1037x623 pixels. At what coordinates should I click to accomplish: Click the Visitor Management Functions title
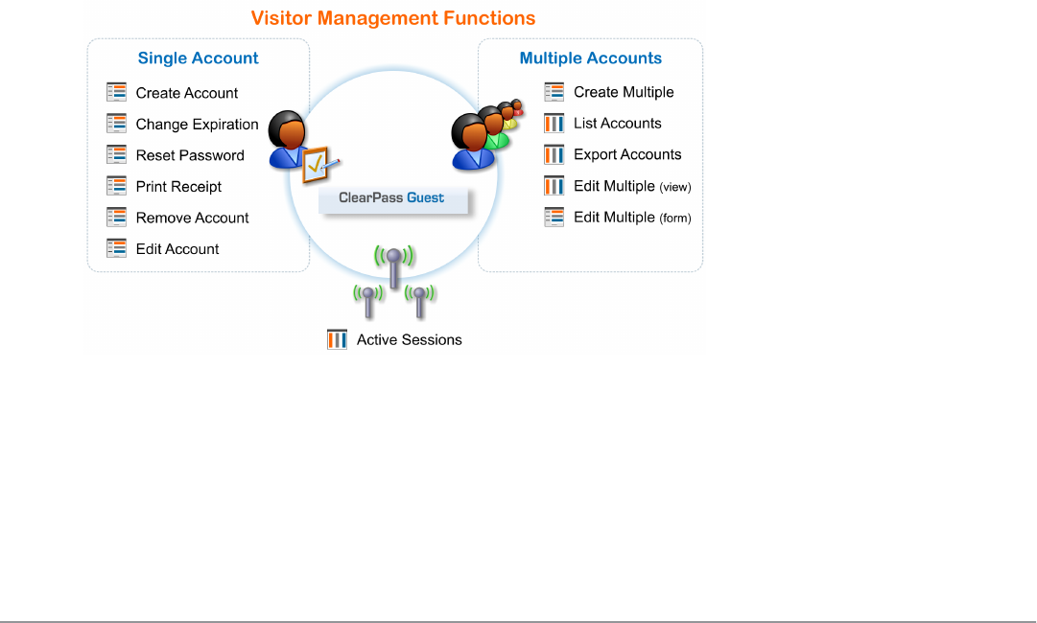pyautogui.click(x=393, y=18)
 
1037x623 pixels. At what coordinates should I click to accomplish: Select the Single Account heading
pyautogui.click(x=198, y=58)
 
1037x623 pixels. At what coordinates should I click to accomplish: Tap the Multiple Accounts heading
pyautogui.click(x=590, y=58)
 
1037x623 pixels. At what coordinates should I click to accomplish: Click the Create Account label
pyautogui.click(x=187, y=93)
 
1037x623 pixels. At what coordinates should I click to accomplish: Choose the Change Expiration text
pyautogui.click(x=197, y=125)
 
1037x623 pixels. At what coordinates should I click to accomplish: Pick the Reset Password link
pyautogui.click(x=190, y=155)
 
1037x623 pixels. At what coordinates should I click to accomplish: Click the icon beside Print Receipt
pyautogui.click(x=117, y=186)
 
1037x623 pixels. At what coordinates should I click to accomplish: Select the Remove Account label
pyautogui.click(x=192, y=218)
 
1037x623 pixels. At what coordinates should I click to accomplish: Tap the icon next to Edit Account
pyautogui.click(x=117, y=248)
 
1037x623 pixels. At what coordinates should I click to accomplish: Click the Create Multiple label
pyautogui.click(x=624, y=92)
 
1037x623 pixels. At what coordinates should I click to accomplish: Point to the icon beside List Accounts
pyautogui.click(x=554, y=123)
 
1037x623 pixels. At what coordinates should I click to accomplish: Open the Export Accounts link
pyautogui.click(x=627, y=154)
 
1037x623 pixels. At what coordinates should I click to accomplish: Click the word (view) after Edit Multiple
pyautogui.click(x=675, y=187)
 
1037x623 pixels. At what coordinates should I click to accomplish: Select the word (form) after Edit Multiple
pyautogui.click(x=675, y=219)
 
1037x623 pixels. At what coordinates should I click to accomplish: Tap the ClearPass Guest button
pyautogui.click(x=392, y=198)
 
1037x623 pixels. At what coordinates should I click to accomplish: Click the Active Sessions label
pyautogui.click(x=409, y=339)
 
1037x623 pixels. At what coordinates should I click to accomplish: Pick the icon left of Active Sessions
pyautogui.click(x=337, y=339)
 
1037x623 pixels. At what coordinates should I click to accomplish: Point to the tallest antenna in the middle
pyautogui.click(x=392, y=268)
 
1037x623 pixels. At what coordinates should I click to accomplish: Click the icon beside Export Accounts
pyautogui.click(x=554, y=154)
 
